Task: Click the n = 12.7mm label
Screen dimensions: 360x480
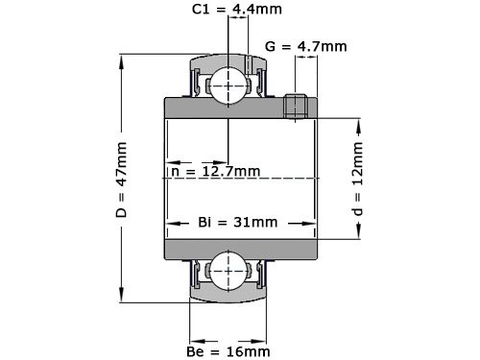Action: click(x=214, y=171)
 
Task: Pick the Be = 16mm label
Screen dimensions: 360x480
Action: click(x=228, y=351)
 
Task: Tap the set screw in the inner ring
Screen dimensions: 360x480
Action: click(x=296, y=106)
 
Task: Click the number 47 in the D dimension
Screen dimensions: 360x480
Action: click(x=120, y=174)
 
